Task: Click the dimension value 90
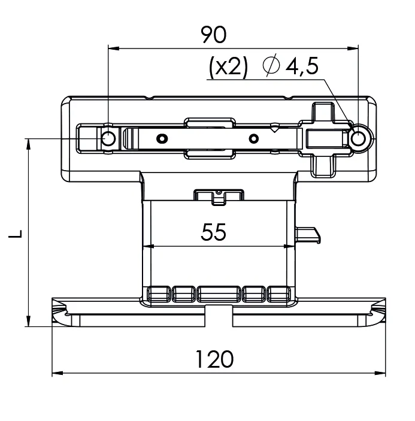coord(213,35)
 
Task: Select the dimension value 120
coord(215,359)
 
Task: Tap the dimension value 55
coord(213,232)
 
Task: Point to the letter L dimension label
coord(16,234)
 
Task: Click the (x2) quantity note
coord(228,67)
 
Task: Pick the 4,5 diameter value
coord(302,66)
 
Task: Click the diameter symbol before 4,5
coord(271,65)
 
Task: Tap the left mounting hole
coord(108,138)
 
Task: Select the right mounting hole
coord(358,139)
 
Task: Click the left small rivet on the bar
coord(162,139)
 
